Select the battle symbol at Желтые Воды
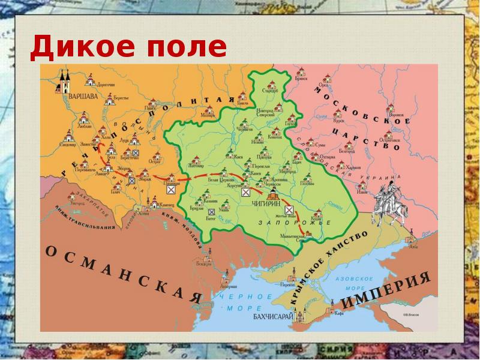(x=289, y=210)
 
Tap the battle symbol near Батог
(x=211, y=211)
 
